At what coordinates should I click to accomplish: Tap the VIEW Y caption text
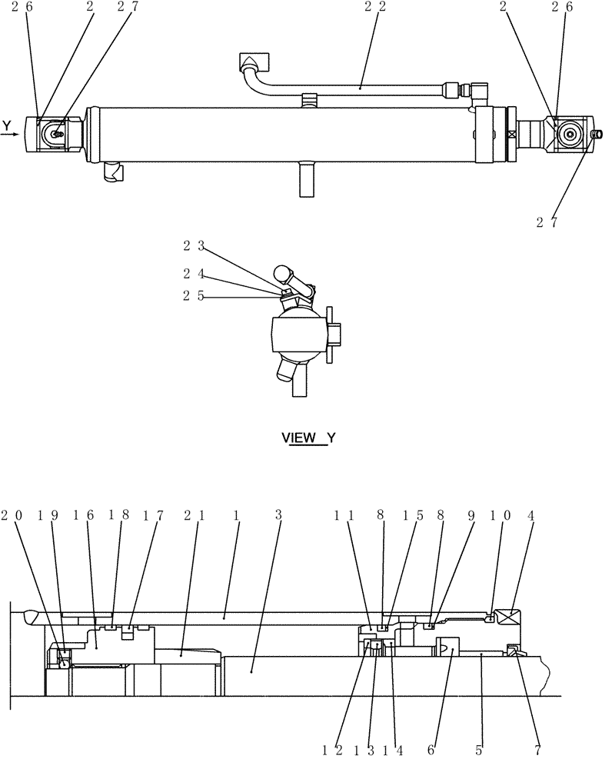pos(308,438)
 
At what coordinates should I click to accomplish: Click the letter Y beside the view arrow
pos(7,125)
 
